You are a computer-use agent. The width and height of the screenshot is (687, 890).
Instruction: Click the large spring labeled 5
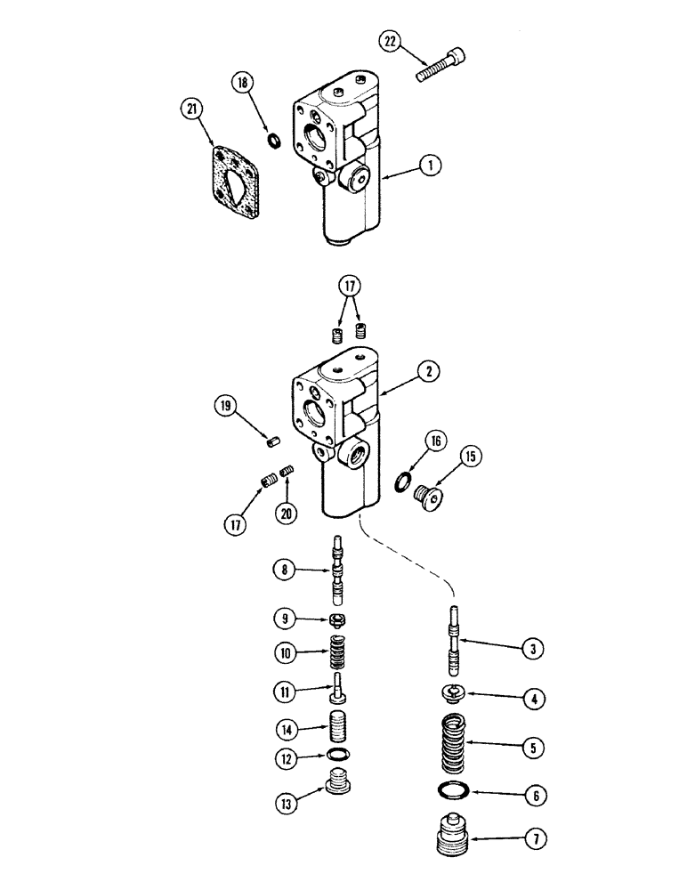454,742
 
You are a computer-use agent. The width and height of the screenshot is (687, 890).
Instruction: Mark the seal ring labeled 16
403,483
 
